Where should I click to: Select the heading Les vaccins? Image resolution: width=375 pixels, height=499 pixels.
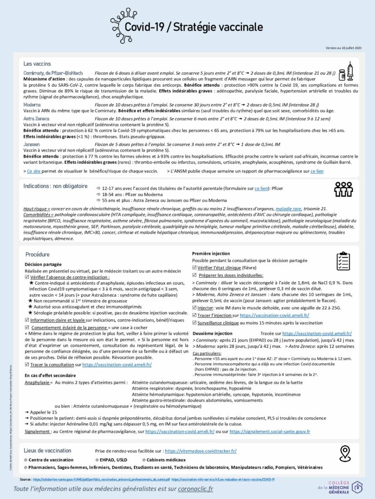[37, 64]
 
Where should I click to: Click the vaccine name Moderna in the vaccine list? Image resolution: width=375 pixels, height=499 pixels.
[32, 104]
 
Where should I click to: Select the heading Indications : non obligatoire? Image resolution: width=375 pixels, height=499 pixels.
[55, 186]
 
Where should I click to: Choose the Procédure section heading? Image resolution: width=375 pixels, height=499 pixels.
[38, 254]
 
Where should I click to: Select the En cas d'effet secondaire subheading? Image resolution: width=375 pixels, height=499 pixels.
[50, 375]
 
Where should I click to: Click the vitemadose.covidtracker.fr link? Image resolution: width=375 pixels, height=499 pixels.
[201, 451]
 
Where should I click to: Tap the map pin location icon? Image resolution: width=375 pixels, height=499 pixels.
[345, 453]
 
